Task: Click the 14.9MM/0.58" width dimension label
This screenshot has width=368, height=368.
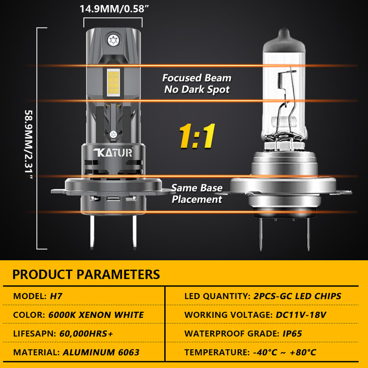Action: [x=113, y=8]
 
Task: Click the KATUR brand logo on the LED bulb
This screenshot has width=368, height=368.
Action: [x=112, y=153]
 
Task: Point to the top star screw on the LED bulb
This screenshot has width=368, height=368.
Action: [x=113, y=40]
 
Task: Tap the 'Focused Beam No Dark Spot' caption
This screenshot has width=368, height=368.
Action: [x=197, y=84]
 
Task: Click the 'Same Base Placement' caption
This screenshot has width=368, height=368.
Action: [x=197, y=194]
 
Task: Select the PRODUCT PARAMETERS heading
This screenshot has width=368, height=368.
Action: [x=86, y=275]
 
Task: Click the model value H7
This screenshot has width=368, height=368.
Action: [x=56, y=296]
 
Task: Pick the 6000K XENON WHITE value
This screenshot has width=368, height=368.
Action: [x=96, y=315]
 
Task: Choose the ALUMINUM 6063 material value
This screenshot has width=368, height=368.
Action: [x=101, y=353]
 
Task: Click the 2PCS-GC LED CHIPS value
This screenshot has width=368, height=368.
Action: [x=297, y=296]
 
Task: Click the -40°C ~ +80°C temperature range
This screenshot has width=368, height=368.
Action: [x=285, y=353]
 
